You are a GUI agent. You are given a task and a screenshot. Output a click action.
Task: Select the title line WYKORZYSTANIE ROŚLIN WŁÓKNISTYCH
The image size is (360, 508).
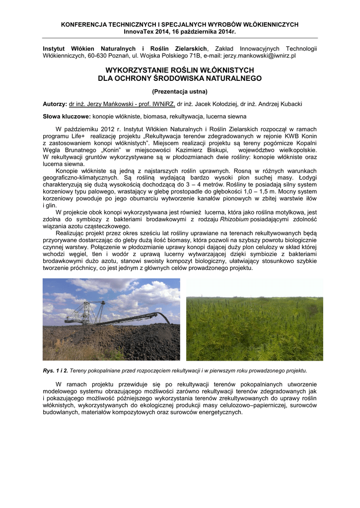179,70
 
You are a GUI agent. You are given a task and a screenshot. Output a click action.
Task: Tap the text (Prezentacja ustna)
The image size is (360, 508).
179,91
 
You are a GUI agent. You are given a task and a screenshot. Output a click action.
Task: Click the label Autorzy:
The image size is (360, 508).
55,104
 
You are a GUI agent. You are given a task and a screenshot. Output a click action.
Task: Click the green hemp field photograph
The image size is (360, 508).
254,328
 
